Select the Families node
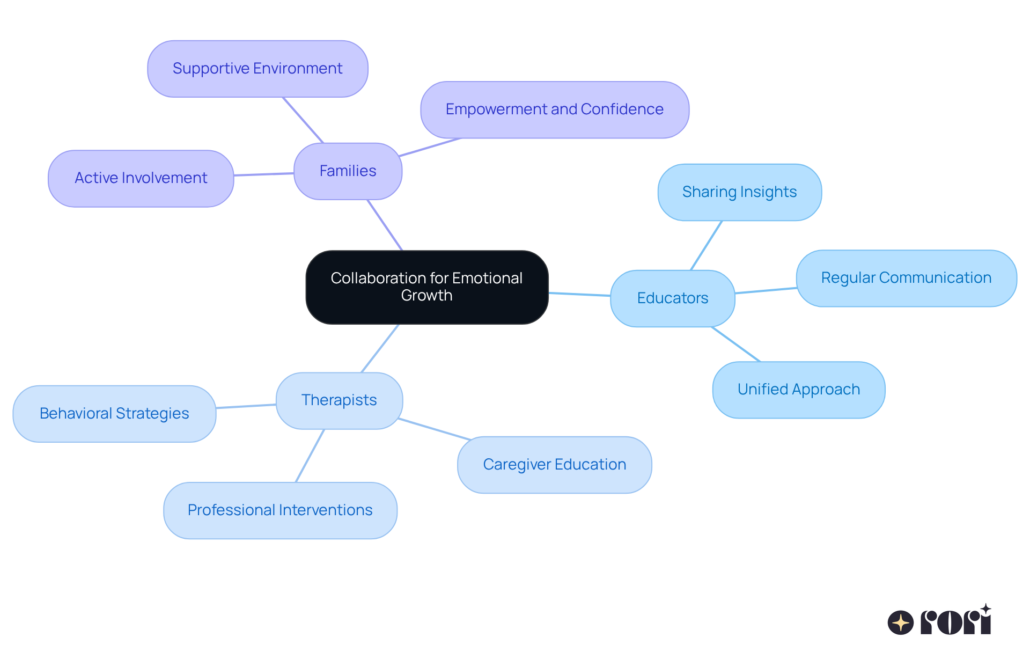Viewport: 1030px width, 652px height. (348, 171)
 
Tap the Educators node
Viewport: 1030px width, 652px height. (672, 298)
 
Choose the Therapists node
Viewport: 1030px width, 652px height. (339, 400)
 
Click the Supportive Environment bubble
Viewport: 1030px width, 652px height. (257, 69)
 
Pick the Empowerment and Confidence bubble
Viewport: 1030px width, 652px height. (554, 109)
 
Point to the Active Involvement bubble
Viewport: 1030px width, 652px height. (141, 178)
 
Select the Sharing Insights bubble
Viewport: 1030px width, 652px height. (739, 192)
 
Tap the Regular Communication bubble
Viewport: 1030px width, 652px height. (906, 278)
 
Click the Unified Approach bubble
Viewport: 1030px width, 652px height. (798, 390)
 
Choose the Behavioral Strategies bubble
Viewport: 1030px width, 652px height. (114, 414)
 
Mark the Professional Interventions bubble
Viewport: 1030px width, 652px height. (280, 510)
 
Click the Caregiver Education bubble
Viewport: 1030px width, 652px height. (554, 465)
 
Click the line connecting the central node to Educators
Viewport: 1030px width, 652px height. (579, 294)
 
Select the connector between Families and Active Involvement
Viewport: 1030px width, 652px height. (264, 174)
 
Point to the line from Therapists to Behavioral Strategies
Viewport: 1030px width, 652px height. (246, 406)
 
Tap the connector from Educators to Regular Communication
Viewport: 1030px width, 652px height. (766, 290)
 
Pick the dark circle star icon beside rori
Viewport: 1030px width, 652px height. (900, 622)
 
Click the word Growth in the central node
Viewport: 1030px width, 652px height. (426, 296)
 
